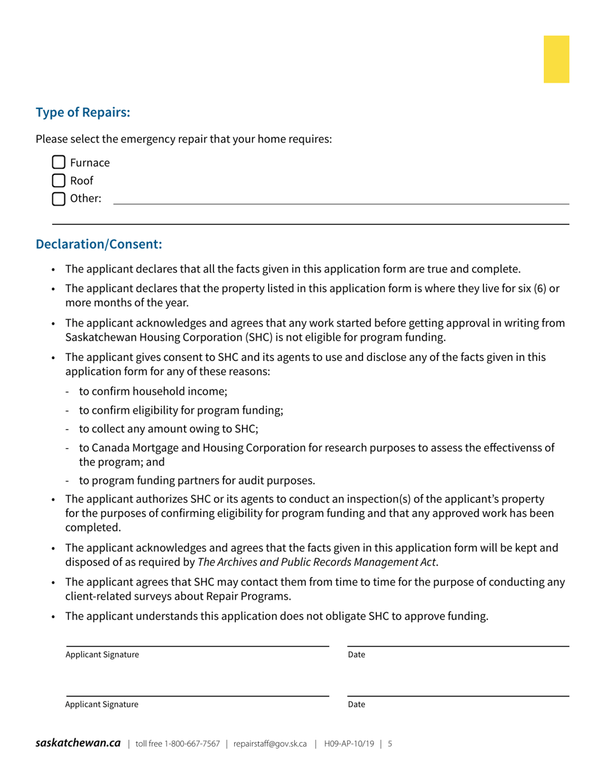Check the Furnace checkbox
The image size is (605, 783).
pyautogui.click(x=59, y=163)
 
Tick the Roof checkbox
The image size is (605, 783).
pyautogui.click(x=59, y=181)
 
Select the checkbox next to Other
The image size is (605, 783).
pyautogui.click(x=59, y=199)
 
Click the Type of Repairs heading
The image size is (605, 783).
pyautogui.click(x=83, y=113)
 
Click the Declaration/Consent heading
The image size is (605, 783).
pyautogui.click(x=99, y=244)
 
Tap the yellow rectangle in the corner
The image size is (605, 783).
pyautogui.click(x=556, y=59)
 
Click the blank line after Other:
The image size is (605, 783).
pyautogui.click(x=341, y=199)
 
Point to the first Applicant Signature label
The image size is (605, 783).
pyautogui.click(x=102, y=655)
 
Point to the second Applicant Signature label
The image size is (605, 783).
pyautogui.click(x=102, y=705)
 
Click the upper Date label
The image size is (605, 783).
pyautogui.click(x=357, y=655)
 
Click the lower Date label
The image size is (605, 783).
pyautogui.click(x=357, y=705)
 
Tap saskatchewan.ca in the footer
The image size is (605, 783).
pyautogui.click(x=78, y=743)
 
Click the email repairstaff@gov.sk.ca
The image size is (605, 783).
pyautogui.click(x=270, y=744)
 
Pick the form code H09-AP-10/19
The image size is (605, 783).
pyautogui.click(x=349, y=744)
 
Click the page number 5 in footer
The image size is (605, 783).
pyautogui.click(x=390, y=744)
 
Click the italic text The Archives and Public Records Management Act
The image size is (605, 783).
pyautogui.click(x=317, y=562)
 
